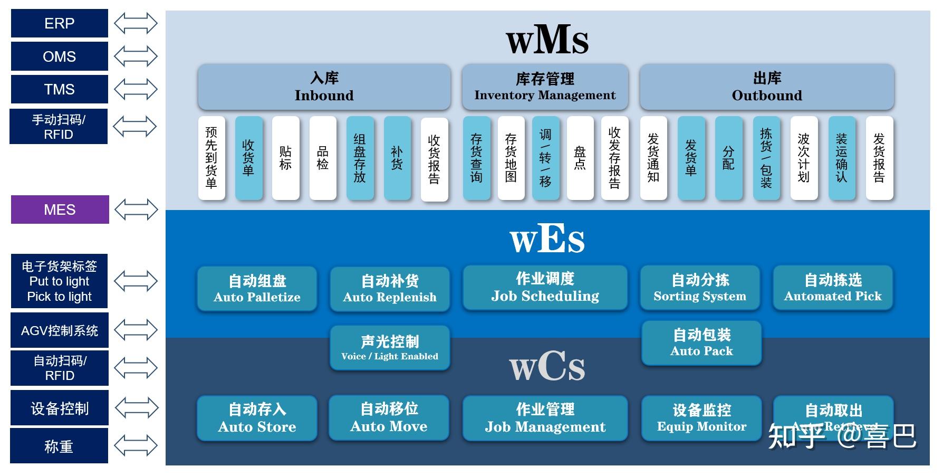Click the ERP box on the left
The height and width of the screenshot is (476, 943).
click(59, 23)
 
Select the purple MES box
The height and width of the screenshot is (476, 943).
click(60, 210)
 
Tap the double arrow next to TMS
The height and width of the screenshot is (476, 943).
click(136, 89)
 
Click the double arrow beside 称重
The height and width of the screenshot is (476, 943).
click(136, 445)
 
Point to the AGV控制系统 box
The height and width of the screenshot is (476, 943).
click(59, 330)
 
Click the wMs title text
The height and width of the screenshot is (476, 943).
click(547, 40)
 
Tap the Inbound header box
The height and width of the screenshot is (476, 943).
click(324, 87)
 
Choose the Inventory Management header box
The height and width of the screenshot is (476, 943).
click(545, 87)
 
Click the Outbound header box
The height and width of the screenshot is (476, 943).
click(766, 87)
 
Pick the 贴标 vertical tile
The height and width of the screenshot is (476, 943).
click(285, 158)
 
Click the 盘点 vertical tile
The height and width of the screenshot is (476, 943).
click(580, 158)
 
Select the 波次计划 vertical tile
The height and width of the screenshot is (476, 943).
click(803, 158)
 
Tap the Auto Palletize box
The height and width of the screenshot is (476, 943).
click(257, 288)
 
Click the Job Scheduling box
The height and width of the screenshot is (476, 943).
click(545, 288)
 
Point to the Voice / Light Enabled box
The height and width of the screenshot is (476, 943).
click(390, 348)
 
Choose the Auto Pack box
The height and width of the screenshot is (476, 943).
click(701, 342)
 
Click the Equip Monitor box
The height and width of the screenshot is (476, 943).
click(701, 418)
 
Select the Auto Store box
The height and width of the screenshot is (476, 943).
click(257, 418)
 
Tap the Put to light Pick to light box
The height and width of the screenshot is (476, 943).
click(59, 281)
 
